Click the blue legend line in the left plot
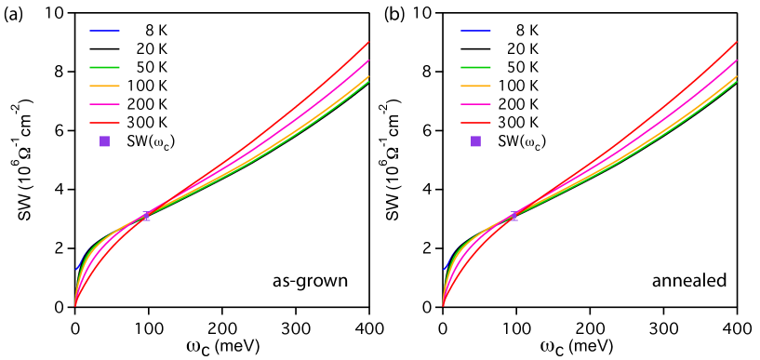[x=104, y=31]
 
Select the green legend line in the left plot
[x=104, y=67]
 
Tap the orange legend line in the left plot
[x=104, y=86]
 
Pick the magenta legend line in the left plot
[x=104, y=104]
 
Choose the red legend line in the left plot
[x=104, y=123]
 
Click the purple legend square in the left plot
[x=104, y=141]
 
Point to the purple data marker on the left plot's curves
[x=146, y=217]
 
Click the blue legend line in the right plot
[x=475, y=31]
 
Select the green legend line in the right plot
[x=475, y=67]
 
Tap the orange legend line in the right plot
[x=475, y=86]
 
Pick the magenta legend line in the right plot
[x=475, y=104]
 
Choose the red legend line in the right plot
[x=475, y=123]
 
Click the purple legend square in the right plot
[x=475, y=141]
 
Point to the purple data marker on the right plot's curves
[x=513, y=217]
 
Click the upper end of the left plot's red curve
[x=368, y=42]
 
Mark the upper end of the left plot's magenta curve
[x=368, y=61]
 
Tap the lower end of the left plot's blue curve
[x=76, y=270]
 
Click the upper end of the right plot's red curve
[x=737, y=42]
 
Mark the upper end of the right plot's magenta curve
[x=737, y=61]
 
